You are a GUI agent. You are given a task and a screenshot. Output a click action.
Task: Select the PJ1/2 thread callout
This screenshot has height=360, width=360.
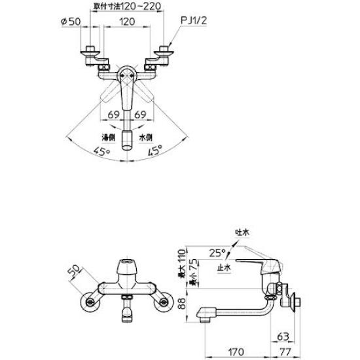(x=194, y=22)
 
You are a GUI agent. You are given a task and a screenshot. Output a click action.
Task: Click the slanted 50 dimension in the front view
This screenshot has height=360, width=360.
(x=73, y=271)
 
